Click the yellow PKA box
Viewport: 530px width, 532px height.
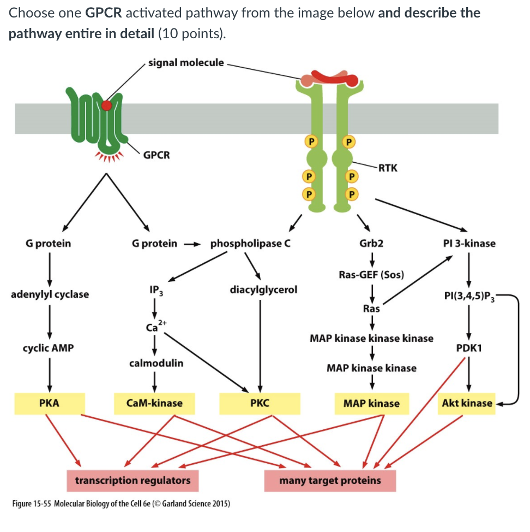(50, 404)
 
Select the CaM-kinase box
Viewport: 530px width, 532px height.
(154, 404)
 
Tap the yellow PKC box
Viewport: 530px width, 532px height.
(260, 404)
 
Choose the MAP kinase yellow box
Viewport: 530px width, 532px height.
(371, 404)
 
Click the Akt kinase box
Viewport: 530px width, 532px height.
(467, 404)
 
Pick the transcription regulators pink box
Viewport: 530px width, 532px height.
(132, 481)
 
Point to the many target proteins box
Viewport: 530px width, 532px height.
(330, 481)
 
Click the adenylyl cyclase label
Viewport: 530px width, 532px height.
(50, 294)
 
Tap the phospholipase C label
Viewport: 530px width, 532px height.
(250, 243)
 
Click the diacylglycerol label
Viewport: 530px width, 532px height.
(264, 289)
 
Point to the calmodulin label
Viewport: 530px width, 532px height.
(156, 363)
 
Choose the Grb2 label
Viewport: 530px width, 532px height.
(371, 243)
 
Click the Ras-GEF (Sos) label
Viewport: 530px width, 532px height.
(371, 274)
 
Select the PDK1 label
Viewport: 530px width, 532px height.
(469, 348)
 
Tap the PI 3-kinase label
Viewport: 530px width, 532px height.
(469, 243)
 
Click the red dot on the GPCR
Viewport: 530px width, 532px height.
(107, 105)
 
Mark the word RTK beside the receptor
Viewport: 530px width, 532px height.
(388, 168)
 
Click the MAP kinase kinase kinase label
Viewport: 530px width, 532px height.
(371, 338)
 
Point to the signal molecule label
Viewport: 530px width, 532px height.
(186, 62)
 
